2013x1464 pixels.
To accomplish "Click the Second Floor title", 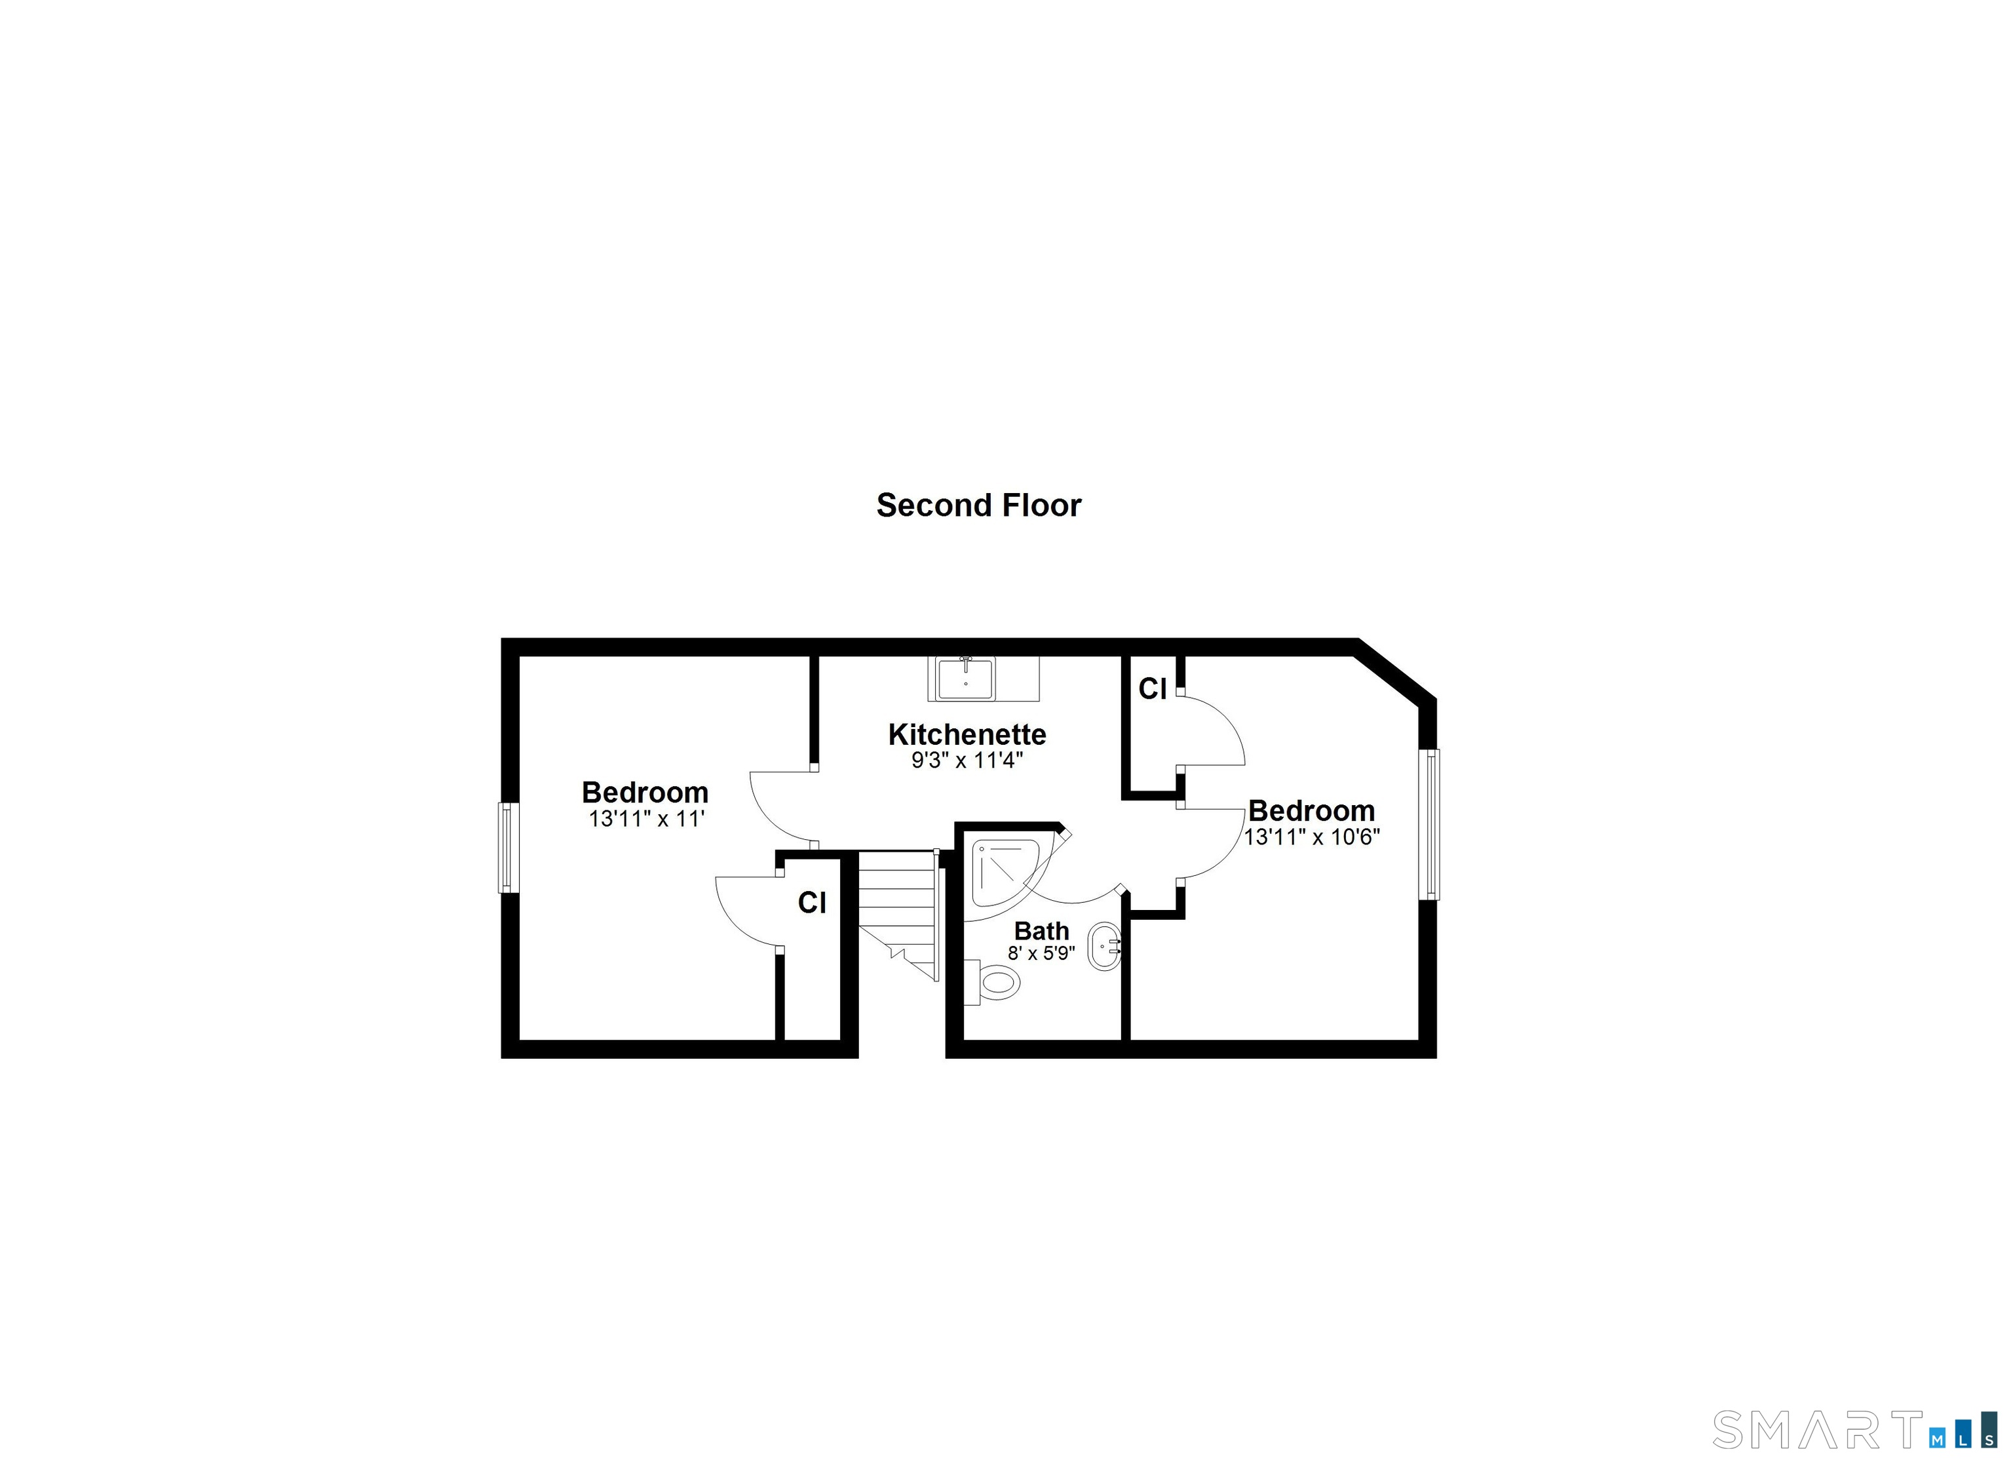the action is pos(979,505).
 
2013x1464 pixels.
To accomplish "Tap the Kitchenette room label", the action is pos(967,734).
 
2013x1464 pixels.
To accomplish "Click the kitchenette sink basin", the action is pos(965,679).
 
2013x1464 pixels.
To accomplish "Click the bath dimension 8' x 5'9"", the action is pos(1041,953).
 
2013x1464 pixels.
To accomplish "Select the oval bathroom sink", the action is pos(1104,947).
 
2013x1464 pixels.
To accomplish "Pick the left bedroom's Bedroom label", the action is pos(645,792).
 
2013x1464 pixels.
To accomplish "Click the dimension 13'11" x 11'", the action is pos(646,819).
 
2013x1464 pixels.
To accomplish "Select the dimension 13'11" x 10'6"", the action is pos(1312,837).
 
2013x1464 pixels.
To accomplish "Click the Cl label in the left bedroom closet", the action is pos(812,902).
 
